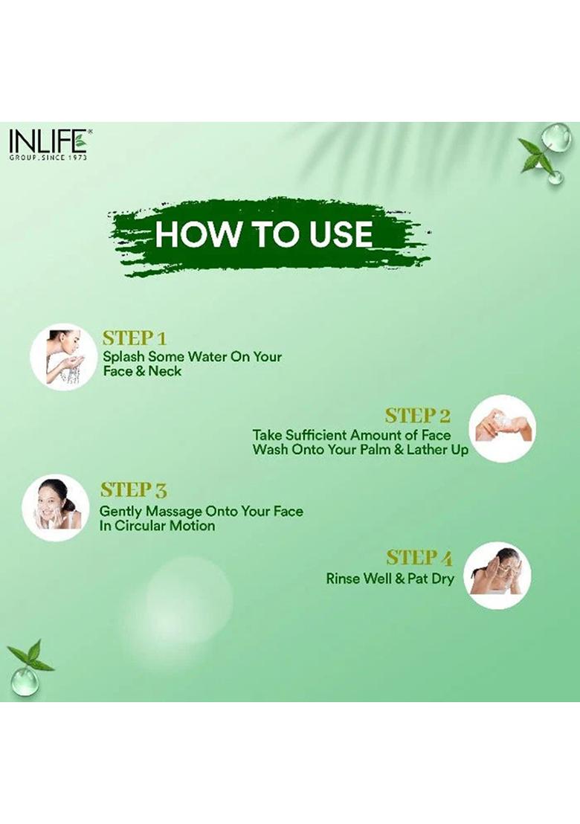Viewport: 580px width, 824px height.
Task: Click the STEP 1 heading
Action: point(134,338)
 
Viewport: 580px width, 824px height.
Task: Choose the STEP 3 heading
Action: point(134,490)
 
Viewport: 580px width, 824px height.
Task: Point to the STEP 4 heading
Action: point(419,557)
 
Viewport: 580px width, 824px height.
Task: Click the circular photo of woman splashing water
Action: point(63,356)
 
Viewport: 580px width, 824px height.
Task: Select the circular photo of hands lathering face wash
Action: point(503,428)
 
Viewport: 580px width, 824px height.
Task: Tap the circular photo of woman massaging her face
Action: point(56,506)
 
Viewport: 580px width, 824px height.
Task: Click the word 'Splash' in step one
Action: point(123,356)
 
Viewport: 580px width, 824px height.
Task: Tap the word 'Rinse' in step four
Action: point(343,578)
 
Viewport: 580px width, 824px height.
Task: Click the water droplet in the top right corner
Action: point(552,137)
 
